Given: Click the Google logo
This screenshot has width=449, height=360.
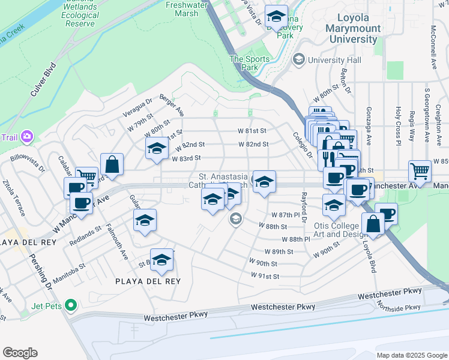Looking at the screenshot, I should click(x=20, y=353).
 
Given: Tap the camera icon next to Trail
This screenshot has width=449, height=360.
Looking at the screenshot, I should click(x=27, y=137).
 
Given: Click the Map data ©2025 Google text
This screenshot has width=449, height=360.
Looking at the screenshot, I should click(x=411, y=355).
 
